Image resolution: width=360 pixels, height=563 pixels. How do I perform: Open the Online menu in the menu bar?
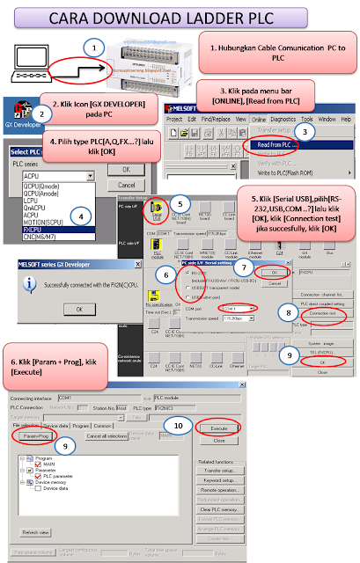[x=259, y=118]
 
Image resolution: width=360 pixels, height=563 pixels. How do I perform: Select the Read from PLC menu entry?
[x=280, y=145]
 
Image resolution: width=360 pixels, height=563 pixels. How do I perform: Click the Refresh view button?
[x=35, y=532]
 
